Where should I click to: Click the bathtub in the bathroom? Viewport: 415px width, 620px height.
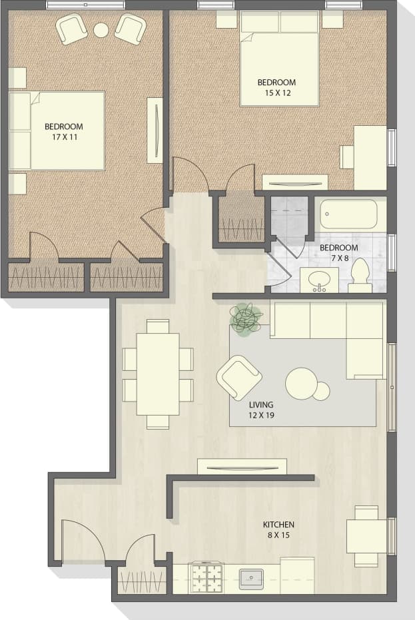tap(349, 214)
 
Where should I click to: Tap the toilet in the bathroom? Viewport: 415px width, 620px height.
tap(360, 276)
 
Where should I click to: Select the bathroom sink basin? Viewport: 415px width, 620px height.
tap(319, 278)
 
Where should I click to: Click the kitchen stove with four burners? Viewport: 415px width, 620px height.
tap(207, 577)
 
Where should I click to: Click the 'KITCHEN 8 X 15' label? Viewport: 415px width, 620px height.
tap(278, 529)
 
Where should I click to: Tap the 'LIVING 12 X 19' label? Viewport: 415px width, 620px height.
tap(261, 409)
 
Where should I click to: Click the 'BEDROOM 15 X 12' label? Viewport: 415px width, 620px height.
tap(276, 88)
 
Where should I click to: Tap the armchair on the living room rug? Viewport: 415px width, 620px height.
tap(238, 378)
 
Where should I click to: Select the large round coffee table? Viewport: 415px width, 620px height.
tap(301, 384)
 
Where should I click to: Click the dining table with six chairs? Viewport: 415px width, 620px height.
tap(158, 374)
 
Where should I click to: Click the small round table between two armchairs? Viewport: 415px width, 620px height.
tap(101, 30)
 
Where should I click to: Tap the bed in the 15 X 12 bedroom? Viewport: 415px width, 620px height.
tap(279, 60)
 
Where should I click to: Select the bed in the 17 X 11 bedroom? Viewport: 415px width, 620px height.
tap(59, 131)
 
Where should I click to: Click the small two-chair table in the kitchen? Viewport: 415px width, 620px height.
tap(366, 535)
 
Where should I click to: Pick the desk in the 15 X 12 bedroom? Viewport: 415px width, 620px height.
tap(370, 157)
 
